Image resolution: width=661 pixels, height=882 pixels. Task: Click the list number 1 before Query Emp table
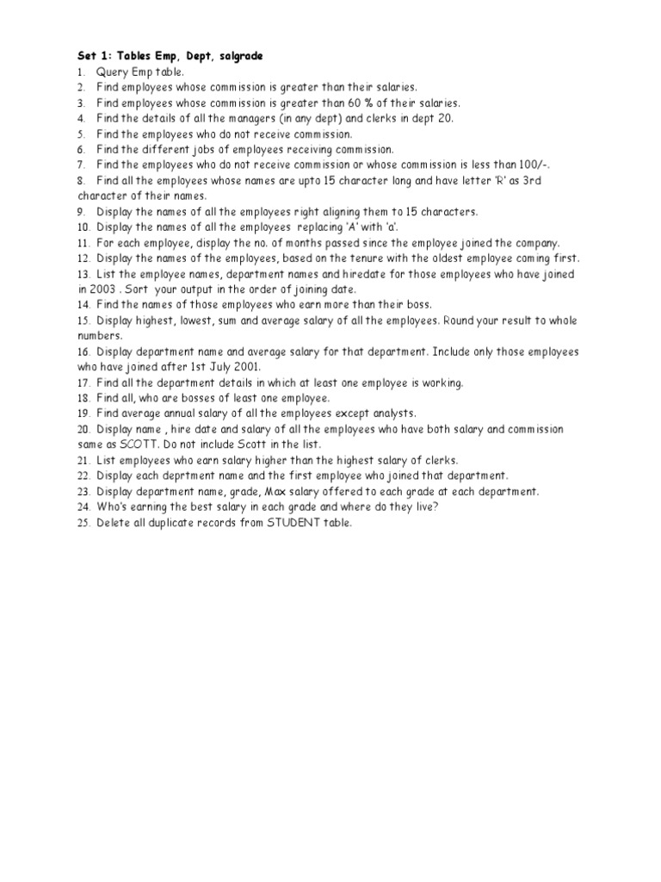pyautogui.click(x=79, y=71)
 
